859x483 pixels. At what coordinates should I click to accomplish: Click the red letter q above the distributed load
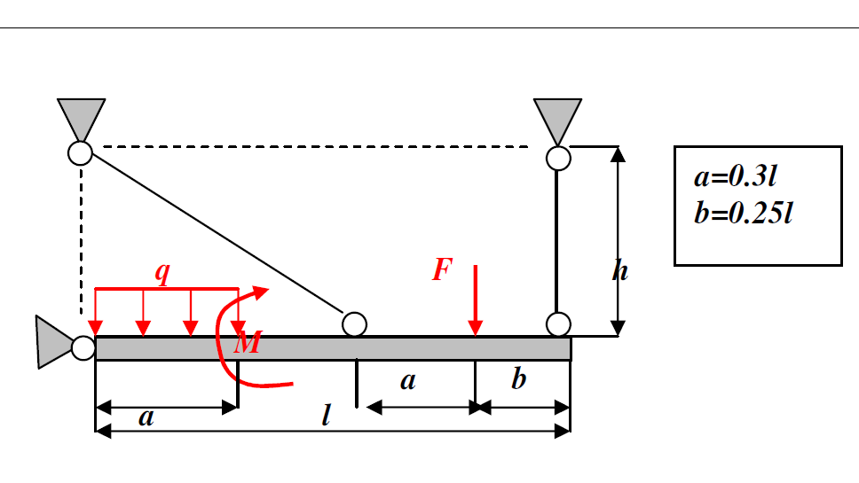[x=162, y=272]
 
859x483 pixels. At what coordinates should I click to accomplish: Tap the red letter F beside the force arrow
[x=442, y=269]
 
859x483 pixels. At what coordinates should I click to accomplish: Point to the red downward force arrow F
[x=477, y=301]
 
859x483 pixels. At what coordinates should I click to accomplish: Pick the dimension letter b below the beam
[x=519, y=380]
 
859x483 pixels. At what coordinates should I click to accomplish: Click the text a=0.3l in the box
[x=736, y=177]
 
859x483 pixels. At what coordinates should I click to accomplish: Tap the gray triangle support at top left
[x=81, y=117]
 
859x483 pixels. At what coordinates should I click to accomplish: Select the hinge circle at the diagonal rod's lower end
[x=354, y=324]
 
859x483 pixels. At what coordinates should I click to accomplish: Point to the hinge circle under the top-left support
[x=80, y=153]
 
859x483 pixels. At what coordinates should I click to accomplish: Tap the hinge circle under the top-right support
[x=558, y=158]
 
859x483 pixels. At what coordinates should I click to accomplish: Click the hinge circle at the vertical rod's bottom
[x=558, y=323]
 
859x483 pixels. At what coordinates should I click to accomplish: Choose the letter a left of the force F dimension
[x=407, y=381]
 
